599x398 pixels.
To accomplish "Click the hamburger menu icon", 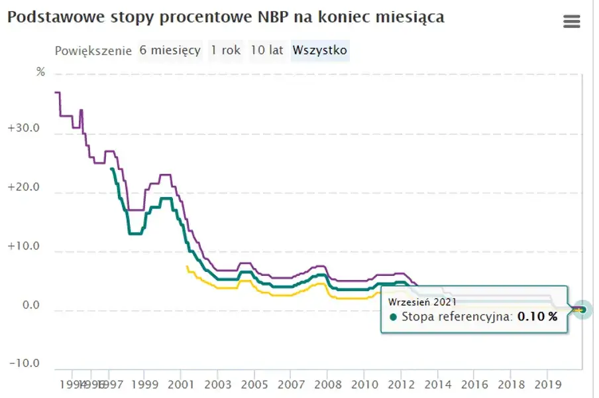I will tap(571, 22).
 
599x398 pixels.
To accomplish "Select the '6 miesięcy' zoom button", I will tap(170, 50).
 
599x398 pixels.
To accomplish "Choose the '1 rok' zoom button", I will tap(225, 50).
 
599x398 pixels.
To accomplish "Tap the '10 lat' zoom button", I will tap(267, 50).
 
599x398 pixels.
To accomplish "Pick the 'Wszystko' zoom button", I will tap(320, 50).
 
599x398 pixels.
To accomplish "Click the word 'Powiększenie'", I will tap(93, 51).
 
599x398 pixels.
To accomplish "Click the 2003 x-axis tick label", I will tap(219, 384).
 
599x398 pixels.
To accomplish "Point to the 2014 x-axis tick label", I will tap(437, 384).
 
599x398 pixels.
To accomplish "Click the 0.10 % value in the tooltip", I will tap(537, 317).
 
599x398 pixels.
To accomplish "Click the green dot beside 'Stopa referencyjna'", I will tap(394, 317).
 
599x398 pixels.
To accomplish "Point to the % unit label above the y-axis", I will tap(41, 72).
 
